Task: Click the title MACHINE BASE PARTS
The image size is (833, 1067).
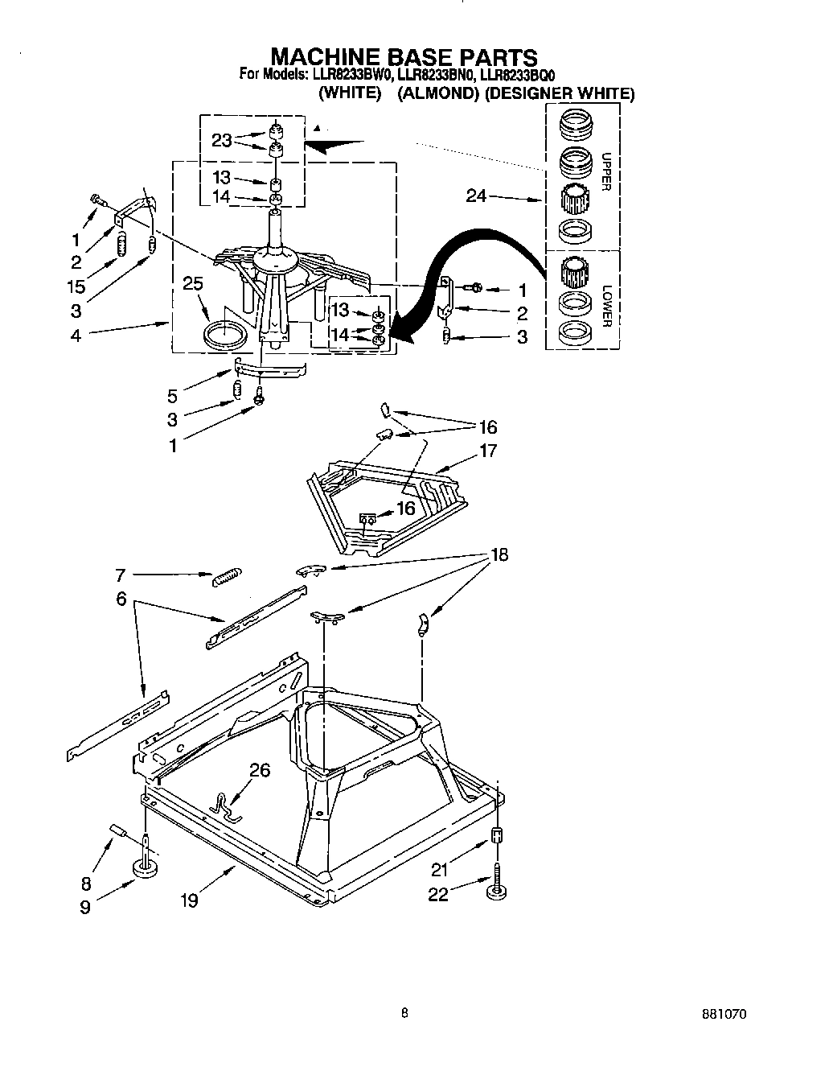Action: (x=404, y=57)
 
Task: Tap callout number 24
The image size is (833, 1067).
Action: (x=477, y=196)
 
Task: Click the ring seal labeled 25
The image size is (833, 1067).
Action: (x=226, y=334)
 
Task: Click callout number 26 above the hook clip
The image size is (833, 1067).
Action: (x=259, y=770)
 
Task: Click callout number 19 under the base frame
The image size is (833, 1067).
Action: (x=189, y=900)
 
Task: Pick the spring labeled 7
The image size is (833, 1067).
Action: (x=226, y=577)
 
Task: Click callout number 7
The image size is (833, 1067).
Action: (x=121, y=575)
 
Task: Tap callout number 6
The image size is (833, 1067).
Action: (x=121, y=599)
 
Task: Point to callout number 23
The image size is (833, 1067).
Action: (x=222, y=141)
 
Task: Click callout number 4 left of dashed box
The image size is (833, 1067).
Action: (x=75, y=335)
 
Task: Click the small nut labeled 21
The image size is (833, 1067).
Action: (x=496, y=834)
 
